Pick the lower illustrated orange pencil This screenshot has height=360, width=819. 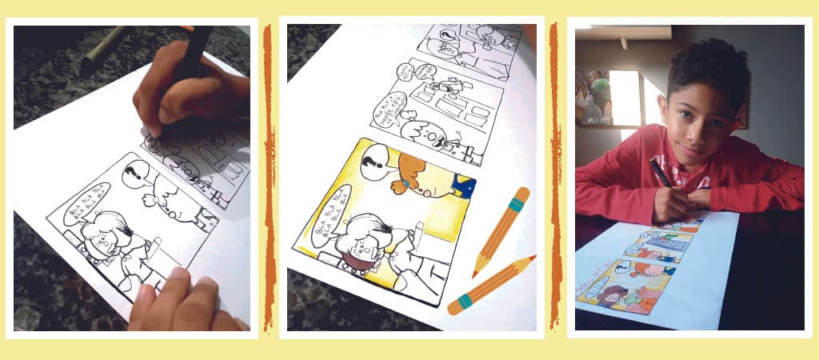[492, 285]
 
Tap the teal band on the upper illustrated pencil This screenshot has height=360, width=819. [517, 205]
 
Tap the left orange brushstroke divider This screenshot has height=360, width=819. [269, 176]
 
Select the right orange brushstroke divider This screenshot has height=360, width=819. [553, 176]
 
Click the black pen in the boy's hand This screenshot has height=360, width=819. [661, 172]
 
